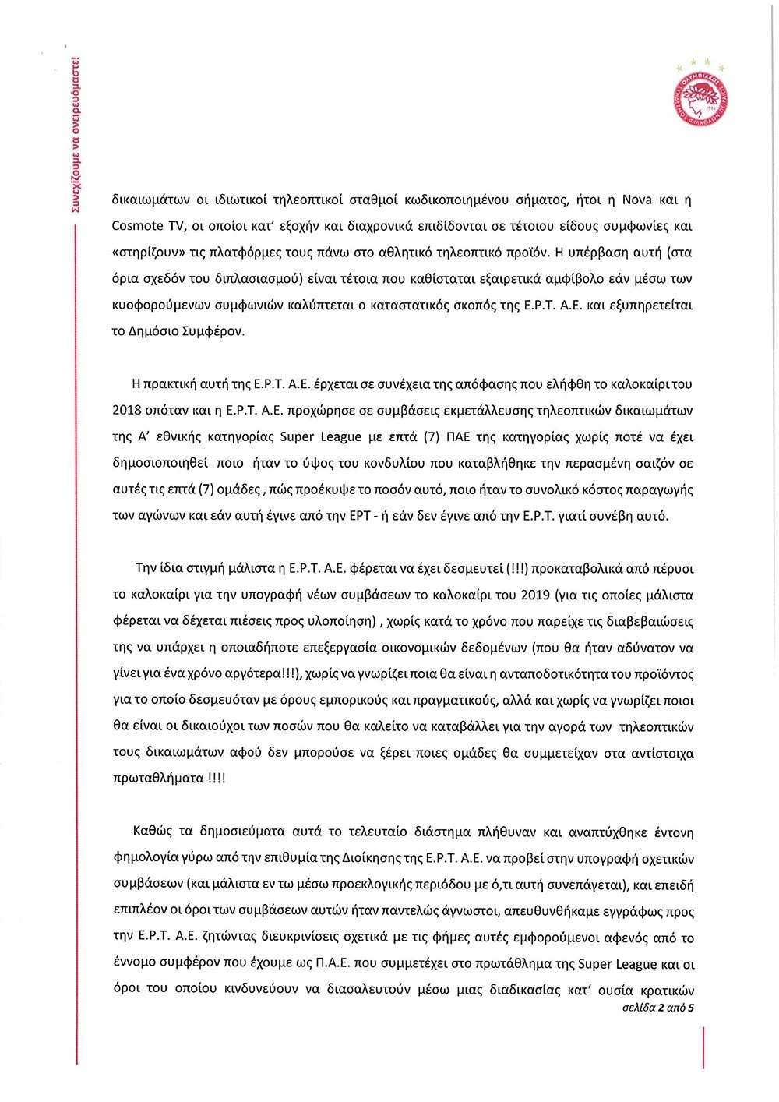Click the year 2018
pos(127,411)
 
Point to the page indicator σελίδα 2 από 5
pos(658,1008)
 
